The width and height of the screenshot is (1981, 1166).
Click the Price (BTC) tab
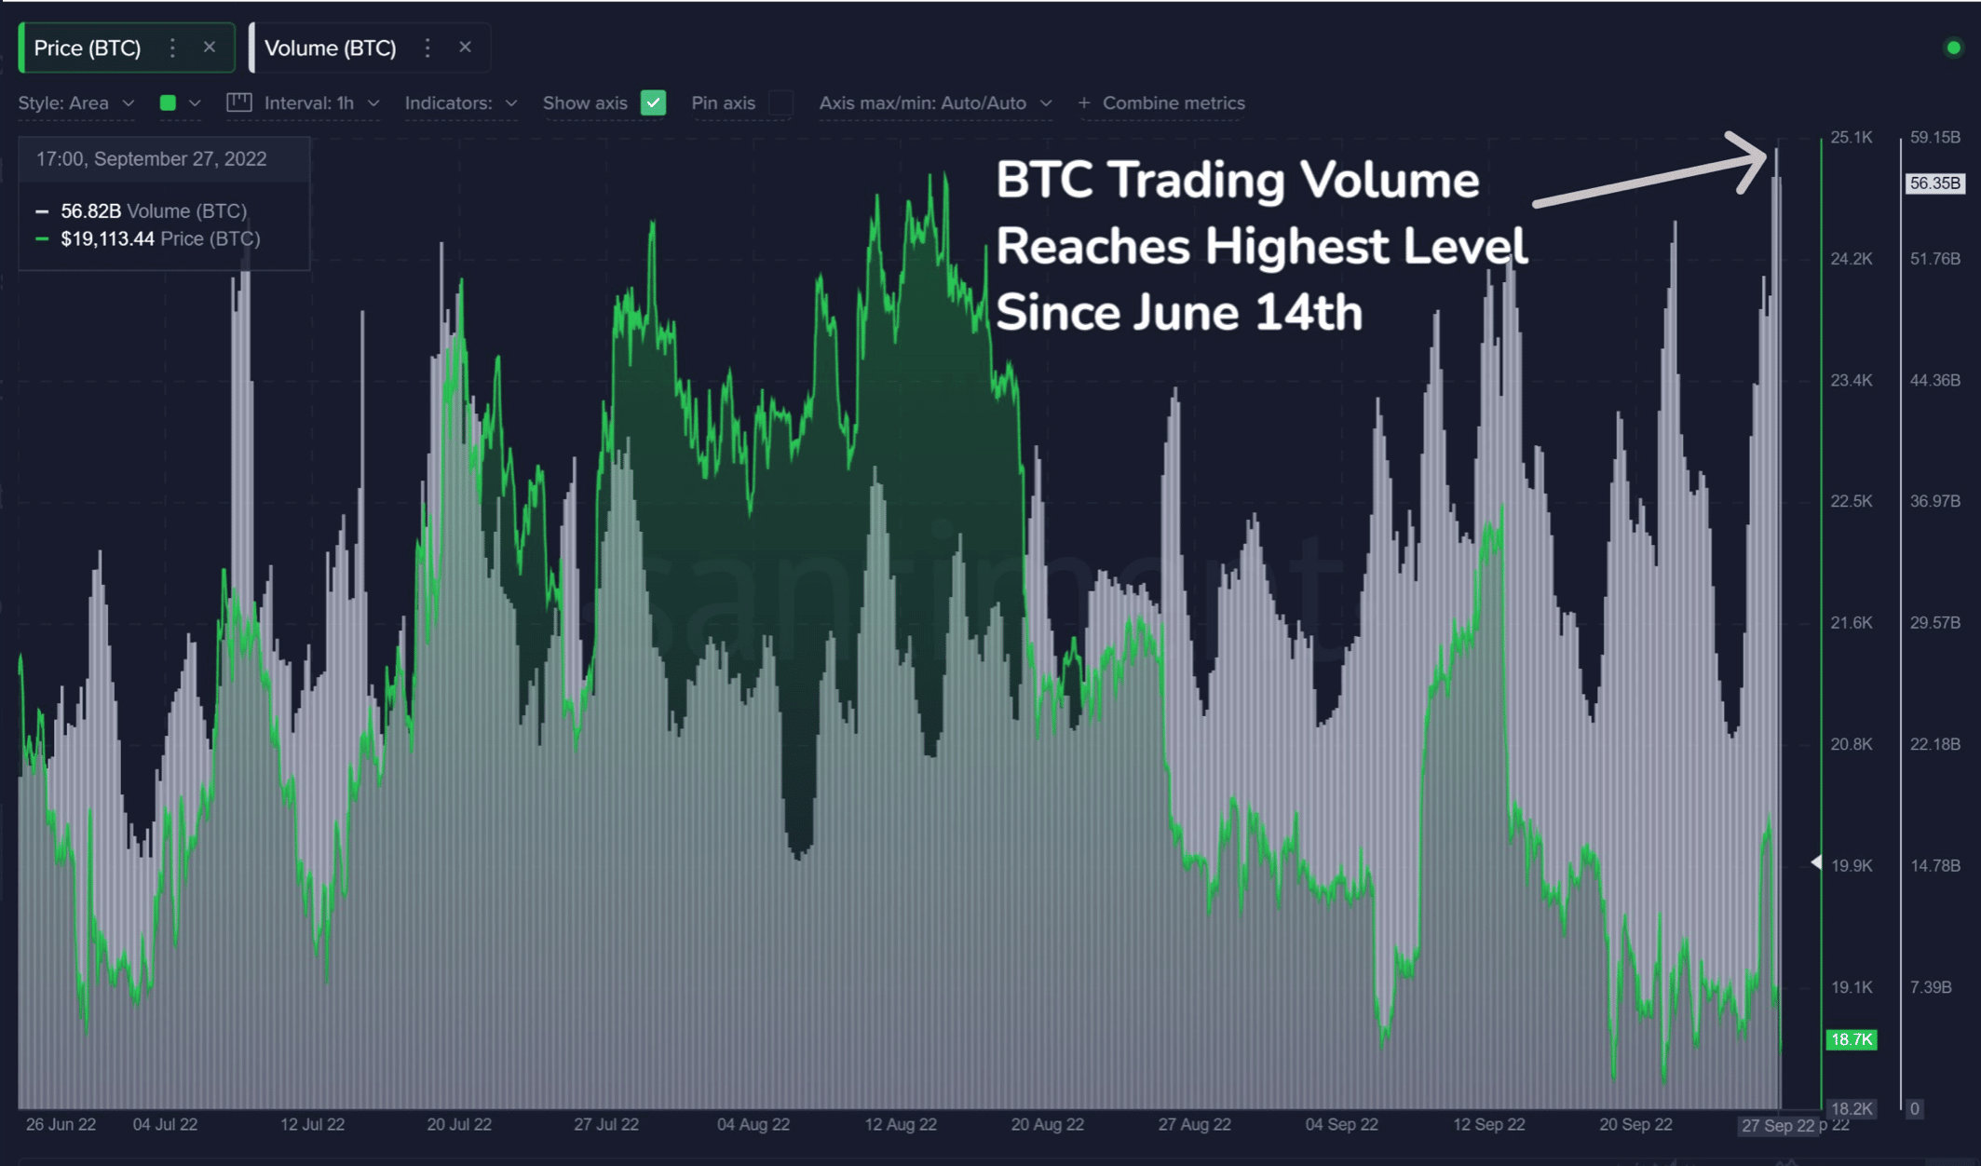88,48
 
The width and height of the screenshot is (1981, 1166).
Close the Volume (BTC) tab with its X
465,47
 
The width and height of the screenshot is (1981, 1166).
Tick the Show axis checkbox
654,103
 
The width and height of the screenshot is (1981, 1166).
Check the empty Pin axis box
781,103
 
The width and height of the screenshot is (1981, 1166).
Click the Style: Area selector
75,103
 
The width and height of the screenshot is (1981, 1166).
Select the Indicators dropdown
460,103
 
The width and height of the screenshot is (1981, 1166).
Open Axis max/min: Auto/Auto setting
934,103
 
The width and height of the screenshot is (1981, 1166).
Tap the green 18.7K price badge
1851,1039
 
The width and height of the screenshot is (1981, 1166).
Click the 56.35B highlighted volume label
1934,183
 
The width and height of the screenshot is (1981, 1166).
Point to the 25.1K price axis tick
1851,138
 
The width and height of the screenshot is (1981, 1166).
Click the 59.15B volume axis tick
1934,138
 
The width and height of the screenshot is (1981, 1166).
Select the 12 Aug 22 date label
900,1124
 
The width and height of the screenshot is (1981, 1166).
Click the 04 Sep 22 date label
1341,1124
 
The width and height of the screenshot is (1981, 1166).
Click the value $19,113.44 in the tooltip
107,239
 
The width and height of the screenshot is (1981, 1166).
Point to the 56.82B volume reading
90,211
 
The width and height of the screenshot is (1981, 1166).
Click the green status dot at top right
1953,48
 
